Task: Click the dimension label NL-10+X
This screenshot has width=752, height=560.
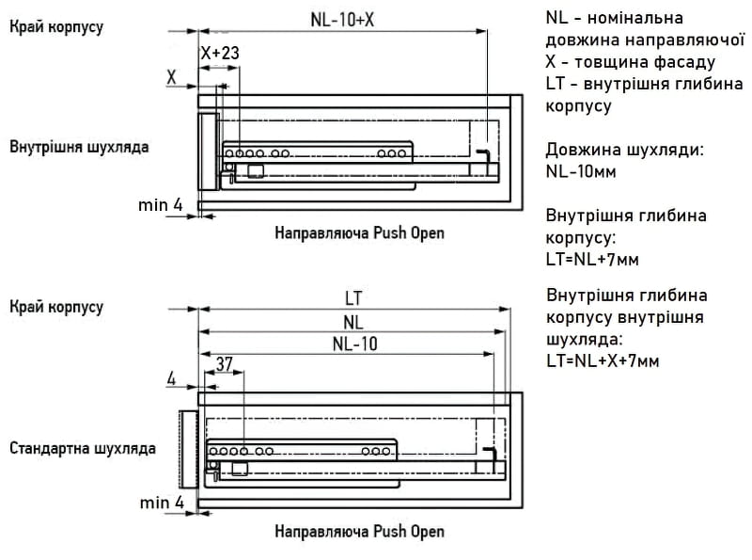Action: (342, 20)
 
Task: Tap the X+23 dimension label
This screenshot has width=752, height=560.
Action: (220, 53)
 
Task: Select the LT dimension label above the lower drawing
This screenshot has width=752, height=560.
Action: (353, 298)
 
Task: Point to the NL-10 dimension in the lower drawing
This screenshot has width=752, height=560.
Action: (355, 344)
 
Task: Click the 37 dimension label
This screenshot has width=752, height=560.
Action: (224, 364)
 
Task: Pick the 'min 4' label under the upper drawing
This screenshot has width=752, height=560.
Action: (161, 205)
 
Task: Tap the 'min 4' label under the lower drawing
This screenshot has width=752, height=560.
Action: (162, 503)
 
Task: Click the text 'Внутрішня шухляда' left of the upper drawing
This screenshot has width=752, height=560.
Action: (79, 147)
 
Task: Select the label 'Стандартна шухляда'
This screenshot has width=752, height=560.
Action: (83, 448)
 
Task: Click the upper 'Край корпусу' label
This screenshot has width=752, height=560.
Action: (56, 27)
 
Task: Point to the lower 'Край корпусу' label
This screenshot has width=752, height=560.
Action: (56, 307)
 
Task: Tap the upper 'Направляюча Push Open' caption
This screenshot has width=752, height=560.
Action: (360, 232)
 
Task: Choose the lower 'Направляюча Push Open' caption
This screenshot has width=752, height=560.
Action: (360, 531)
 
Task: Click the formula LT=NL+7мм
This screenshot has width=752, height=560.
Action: (592, 260)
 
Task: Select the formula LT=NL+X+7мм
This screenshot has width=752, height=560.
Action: (603, 360)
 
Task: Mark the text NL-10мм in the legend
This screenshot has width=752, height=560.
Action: (581, 171)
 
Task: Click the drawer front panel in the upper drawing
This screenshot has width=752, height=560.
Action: (208, 152)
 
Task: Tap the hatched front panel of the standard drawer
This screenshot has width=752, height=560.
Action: (189, 450)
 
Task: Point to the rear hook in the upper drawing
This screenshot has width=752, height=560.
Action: (483, 156)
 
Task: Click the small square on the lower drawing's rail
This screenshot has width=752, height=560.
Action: (240, 469)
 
